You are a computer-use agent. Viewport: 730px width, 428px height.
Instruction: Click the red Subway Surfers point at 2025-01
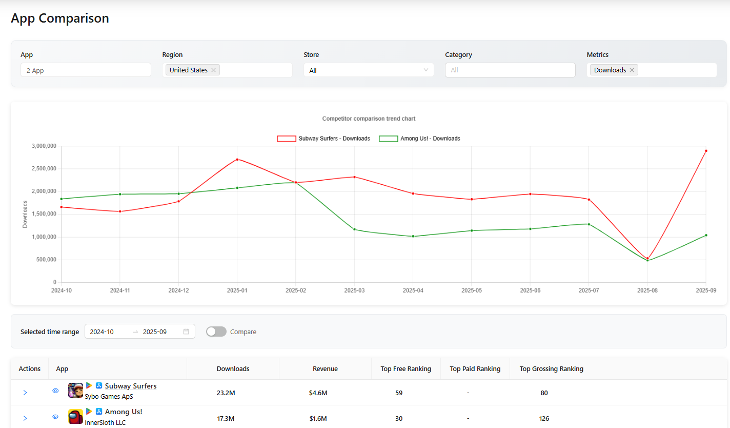237,159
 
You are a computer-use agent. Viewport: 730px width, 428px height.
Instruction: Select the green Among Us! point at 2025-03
354,229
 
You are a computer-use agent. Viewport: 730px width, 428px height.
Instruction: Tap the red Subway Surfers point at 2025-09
706,151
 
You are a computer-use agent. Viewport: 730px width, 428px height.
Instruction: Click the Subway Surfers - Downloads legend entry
323,139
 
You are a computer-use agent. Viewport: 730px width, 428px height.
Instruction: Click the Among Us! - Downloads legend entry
419,139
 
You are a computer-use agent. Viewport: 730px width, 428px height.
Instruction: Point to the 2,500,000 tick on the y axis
44,169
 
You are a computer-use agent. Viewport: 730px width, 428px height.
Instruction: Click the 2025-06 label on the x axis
530,290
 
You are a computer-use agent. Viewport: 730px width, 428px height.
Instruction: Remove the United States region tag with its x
213,70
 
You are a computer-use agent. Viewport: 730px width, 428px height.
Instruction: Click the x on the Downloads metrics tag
632,70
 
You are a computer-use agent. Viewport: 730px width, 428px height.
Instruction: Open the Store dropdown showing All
369,70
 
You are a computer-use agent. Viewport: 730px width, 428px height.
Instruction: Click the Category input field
510,70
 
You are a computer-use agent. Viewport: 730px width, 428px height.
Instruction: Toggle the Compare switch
216,332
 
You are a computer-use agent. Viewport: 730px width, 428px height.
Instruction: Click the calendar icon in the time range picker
186,332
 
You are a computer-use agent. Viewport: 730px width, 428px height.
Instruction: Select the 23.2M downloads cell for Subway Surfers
226,393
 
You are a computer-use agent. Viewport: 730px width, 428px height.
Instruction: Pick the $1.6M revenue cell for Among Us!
318,419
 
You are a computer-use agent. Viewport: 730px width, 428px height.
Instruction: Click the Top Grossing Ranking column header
551,369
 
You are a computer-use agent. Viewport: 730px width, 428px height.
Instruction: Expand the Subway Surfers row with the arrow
25,393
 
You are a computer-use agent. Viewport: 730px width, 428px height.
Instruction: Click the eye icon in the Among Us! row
55,417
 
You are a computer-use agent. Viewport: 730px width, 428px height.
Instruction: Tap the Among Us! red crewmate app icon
75,416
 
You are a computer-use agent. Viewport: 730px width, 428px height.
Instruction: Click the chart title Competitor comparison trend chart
369,119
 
